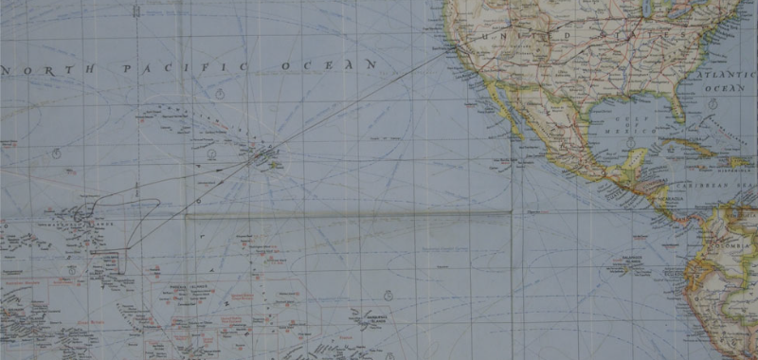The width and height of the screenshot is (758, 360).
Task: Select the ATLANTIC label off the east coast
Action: click(x=722, y=73)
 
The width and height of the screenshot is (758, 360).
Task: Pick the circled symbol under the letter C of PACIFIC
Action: click(x=220, y=94)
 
